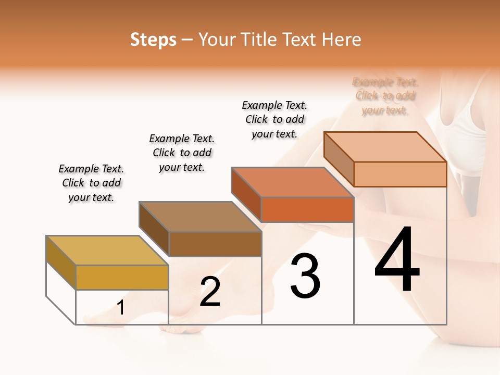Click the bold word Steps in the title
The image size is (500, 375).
(153, 40)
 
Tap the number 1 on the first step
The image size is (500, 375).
(121, 308)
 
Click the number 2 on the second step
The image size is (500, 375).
(210, 292)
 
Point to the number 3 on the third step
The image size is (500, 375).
(305, 276)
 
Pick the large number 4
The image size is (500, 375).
(397, 260)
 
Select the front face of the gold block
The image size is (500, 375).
(122, 277)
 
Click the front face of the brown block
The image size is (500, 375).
(215, 244)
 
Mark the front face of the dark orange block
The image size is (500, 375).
(307, 210)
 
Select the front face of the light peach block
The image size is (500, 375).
(400, 174)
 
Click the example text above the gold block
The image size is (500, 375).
(91, 183)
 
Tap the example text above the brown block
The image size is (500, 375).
(182, 153)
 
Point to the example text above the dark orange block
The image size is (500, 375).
(274, 119)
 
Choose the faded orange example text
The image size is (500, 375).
(385, 96)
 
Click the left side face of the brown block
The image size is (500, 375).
(154, 229)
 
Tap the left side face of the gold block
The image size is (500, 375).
(61, 262)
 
